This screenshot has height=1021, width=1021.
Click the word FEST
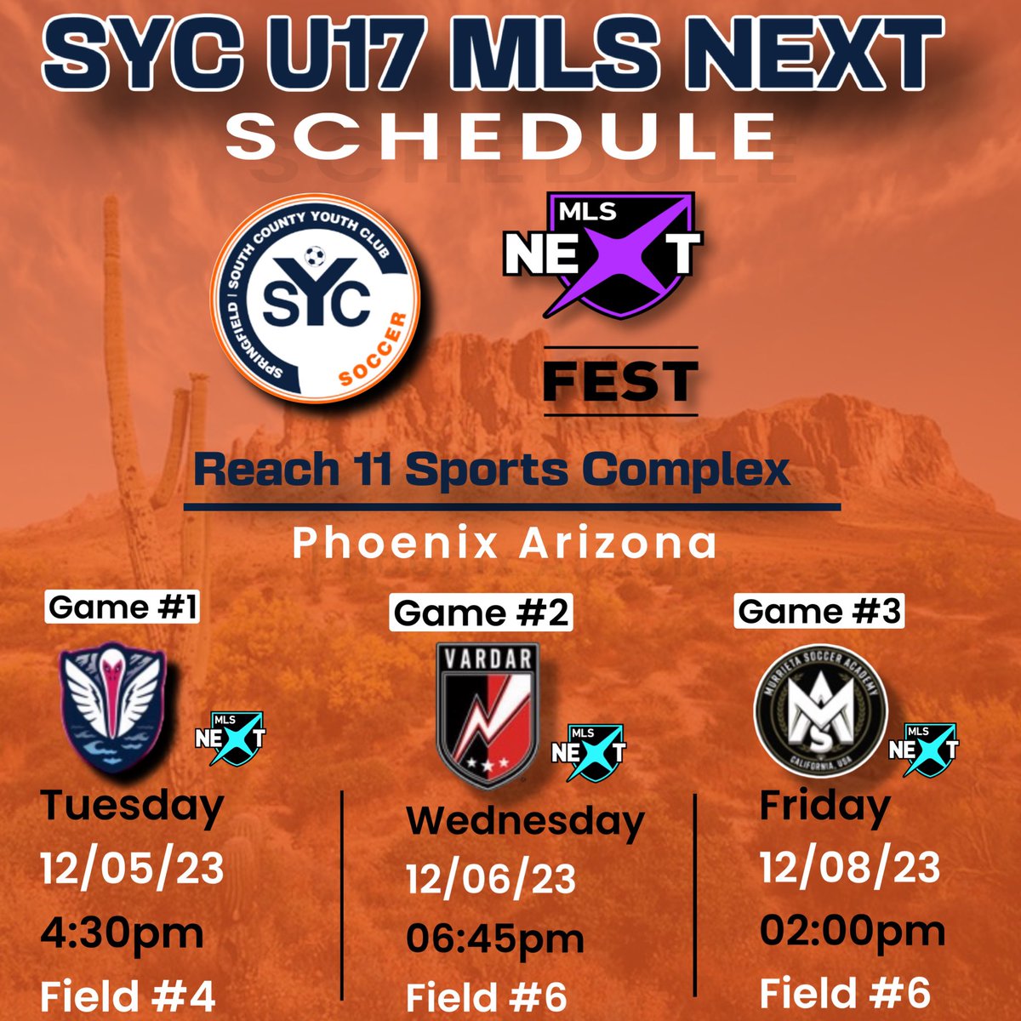[620, 381]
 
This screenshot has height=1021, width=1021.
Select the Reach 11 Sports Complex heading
[493, 469]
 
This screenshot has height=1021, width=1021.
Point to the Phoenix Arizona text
[505, 543]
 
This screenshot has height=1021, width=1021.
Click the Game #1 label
[123, 607]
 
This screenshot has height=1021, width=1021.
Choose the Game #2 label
[481, 613]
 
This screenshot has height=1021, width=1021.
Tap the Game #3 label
[819, 611]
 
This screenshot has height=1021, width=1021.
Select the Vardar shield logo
[487, 706]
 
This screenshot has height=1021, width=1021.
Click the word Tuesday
[133, 804]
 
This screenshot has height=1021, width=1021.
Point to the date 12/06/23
[491, 879]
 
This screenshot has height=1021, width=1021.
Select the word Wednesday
[525, 820]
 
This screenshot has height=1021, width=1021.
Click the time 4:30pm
[123, 933]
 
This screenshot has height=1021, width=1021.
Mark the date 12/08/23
[850, 868]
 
